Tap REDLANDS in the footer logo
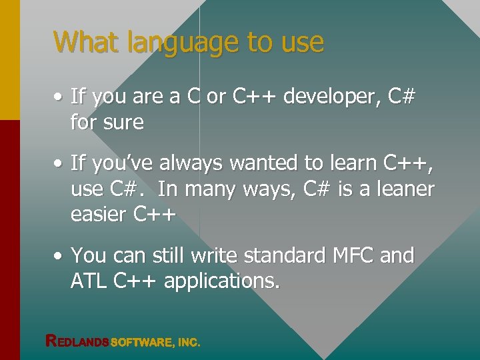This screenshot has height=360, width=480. tap(76, 341)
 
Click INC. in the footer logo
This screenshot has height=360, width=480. tap(189, 342)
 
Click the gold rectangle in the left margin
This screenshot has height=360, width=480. tap(9, 60)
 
